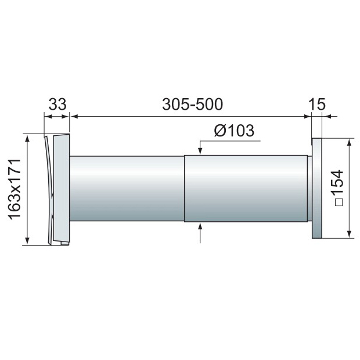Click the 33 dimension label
point(57,105)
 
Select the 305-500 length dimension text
point(192,105)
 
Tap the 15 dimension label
point(317,105)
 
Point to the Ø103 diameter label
point(234,131)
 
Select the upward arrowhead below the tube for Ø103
point(200,226)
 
